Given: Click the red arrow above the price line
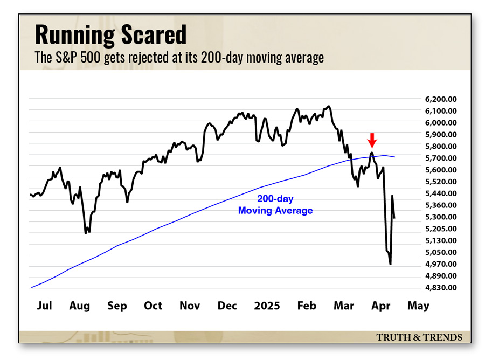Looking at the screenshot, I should pyautogui.click(x=371, y=140).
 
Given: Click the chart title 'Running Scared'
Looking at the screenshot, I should pyautogui.click(x=110, y=34).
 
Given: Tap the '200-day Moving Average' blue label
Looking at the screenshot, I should pyautogui.click(x=275, y=205).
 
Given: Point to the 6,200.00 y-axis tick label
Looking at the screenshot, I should pyautogui.click(x=441, y=99).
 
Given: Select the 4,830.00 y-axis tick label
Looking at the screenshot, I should pyautogui.click(x=441, y=288).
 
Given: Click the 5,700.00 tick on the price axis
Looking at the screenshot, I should pyautogui.click(x=441, y=158).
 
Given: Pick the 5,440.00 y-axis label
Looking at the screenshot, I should pyautogui.click(x=441, y=193).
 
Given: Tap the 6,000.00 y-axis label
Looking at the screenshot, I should pyautogui.click(x=441, y=123).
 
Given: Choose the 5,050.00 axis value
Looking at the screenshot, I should pyautogui.click(x=441, y=252).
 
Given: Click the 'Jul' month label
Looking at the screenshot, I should pyautogui.click(x=45, y=306).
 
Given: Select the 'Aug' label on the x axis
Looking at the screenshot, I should pyautogui.click(x=80, y=306).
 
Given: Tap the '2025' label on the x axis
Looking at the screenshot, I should pyautogui.click(x=266, y=306).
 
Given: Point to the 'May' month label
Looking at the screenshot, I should pyautogui.click(x=418, y=306).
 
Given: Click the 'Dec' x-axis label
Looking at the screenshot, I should pyautogui.click(x=227, y=306).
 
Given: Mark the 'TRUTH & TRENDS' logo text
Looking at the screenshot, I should pyautogui.click(x=419, y=337).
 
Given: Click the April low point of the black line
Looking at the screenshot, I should pyautogui.click(x=390, y=264).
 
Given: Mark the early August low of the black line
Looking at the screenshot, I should pyautogui.click(x=86, y=233).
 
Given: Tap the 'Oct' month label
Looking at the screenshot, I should pyautogui.click(x=153, y=306).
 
